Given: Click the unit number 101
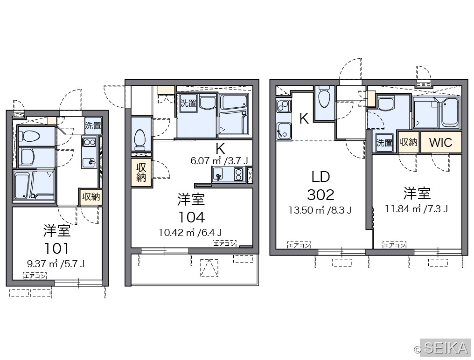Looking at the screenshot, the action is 56,249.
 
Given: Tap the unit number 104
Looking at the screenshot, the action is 191,217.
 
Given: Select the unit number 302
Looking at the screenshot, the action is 321,194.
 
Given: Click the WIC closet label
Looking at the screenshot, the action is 440,142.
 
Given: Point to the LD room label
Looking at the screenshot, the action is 321,177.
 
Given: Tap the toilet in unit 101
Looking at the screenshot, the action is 29,136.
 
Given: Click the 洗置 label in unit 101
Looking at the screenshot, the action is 93,125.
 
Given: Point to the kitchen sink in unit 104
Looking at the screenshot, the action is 218,174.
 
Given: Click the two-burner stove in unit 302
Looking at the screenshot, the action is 284,106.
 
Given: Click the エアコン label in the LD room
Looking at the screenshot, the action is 299,245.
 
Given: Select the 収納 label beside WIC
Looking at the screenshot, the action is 408,142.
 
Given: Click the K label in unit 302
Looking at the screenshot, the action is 304,118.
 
